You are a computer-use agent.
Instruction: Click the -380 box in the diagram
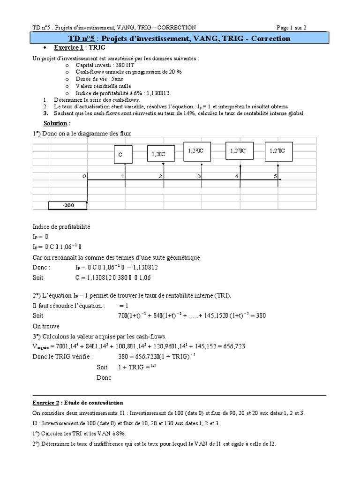pyautogui.click(x=68, y=205)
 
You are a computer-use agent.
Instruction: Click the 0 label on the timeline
pyautogui.click(x=84, y=176)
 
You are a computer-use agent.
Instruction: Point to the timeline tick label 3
pyautogui.click(x=199, y=176)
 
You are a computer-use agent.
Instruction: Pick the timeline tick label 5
pyautogui.click(x=276, y=176)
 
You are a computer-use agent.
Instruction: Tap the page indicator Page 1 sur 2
pyautogui.click(x=292, y=27)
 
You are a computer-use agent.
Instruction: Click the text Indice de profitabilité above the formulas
pyautogui.click(x=61, y=226)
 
